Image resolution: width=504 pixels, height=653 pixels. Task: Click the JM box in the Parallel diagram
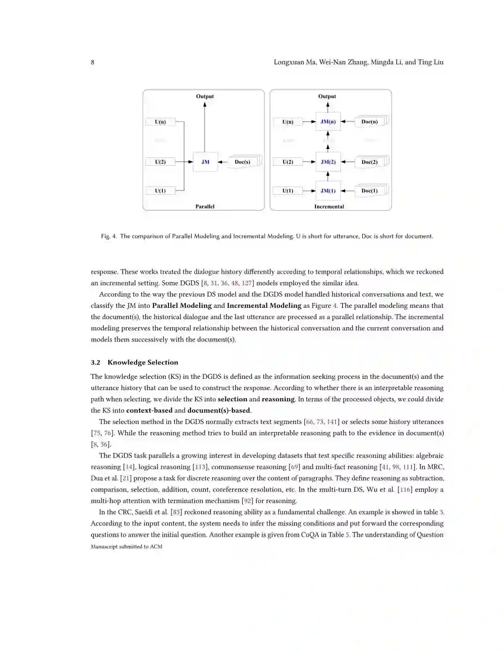[205, 162]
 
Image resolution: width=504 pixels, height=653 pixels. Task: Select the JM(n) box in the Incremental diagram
[328, 122]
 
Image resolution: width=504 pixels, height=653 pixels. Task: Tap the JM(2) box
[328, 162]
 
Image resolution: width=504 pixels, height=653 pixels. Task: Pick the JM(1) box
[328, 191]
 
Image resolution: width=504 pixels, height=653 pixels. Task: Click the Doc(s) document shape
[243, 162]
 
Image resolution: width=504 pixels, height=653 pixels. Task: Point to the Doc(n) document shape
[370, 122]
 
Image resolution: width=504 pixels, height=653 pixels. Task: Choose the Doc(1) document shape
[370, 191]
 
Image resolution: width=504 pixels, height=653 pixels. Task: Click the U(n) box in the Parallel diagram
[161, 122]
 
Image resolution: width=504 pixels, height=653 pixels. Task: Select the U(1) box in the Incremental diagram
[288, 191]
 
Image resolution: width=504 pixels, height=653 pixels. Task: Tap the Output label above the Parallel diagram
[205, 96]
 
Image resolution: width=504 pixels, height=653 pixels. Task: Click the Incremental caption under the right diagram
[329, 206]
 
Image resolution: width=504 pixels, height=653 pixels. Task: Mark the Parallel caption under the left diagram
[205, 206]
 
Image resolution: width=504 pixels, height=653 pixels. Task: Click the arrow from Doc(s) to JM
[223, 162]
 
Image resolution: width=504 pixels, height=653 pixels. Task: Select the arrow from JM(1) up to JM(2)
[328, 176]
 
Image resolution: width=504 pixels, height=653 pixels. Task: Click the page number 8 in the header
[92, 62]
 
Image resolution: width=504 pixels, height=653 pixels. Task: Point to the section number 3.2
[96, 362]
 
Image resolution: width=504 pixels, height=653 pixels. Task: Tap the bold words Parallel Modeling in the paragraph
[182, 305]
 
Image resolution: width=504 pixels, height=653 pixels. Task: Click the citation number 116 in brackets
[405, 490]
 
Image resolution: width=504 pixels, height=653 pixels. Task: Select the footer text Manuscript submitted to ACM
[126, 547]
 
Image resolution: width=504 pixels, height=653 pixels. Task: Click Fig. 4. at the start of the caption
[109, 236]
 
